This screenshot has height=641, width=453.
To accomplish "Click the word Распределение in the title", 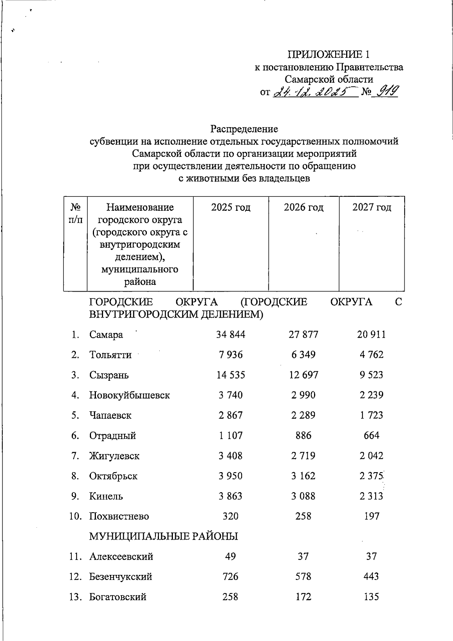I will point(244,129).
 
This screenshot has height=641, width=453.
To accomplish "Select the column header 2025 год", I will point(231,207).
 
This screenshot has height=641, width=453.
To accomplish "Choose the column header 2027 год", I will point(371,207).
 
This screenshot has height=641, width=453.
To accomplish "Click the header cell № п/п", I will point(75,213).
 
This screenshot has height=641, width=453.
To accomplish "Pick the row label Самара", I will point(106,335).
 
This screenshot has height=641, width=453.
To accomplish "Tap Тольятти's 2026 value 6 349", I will point(303,355).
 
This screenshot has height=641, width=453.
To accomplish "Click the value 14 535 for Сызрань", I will point(231,375).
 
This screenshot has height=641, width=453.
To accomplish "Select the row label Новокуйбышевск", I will point(129,395).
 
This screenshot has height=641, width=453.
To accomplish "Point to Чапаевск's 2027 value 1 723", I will point(371,415).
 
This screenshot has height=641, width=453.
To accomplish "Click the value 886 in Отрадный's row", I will point(304,436).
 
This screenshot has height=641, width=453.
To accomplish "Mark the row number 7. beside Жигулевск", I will point(75,456).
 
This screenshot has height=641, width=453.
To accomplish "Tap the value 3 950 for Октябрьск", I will point(231,476).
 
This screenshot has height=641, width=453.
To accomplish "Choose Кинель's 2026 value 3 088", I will point(303,496).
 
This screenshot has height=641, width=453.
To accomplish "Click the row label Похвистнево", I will point(119,516).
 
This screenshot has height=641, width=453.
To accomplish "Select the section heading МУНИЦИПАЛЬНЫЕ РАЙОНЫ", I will point(163,536).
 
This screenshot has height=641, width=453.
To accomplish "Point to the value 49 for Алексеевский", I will point(230,556).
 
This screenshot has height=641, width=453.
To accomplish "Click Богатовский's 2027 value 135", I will point(371,597).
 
